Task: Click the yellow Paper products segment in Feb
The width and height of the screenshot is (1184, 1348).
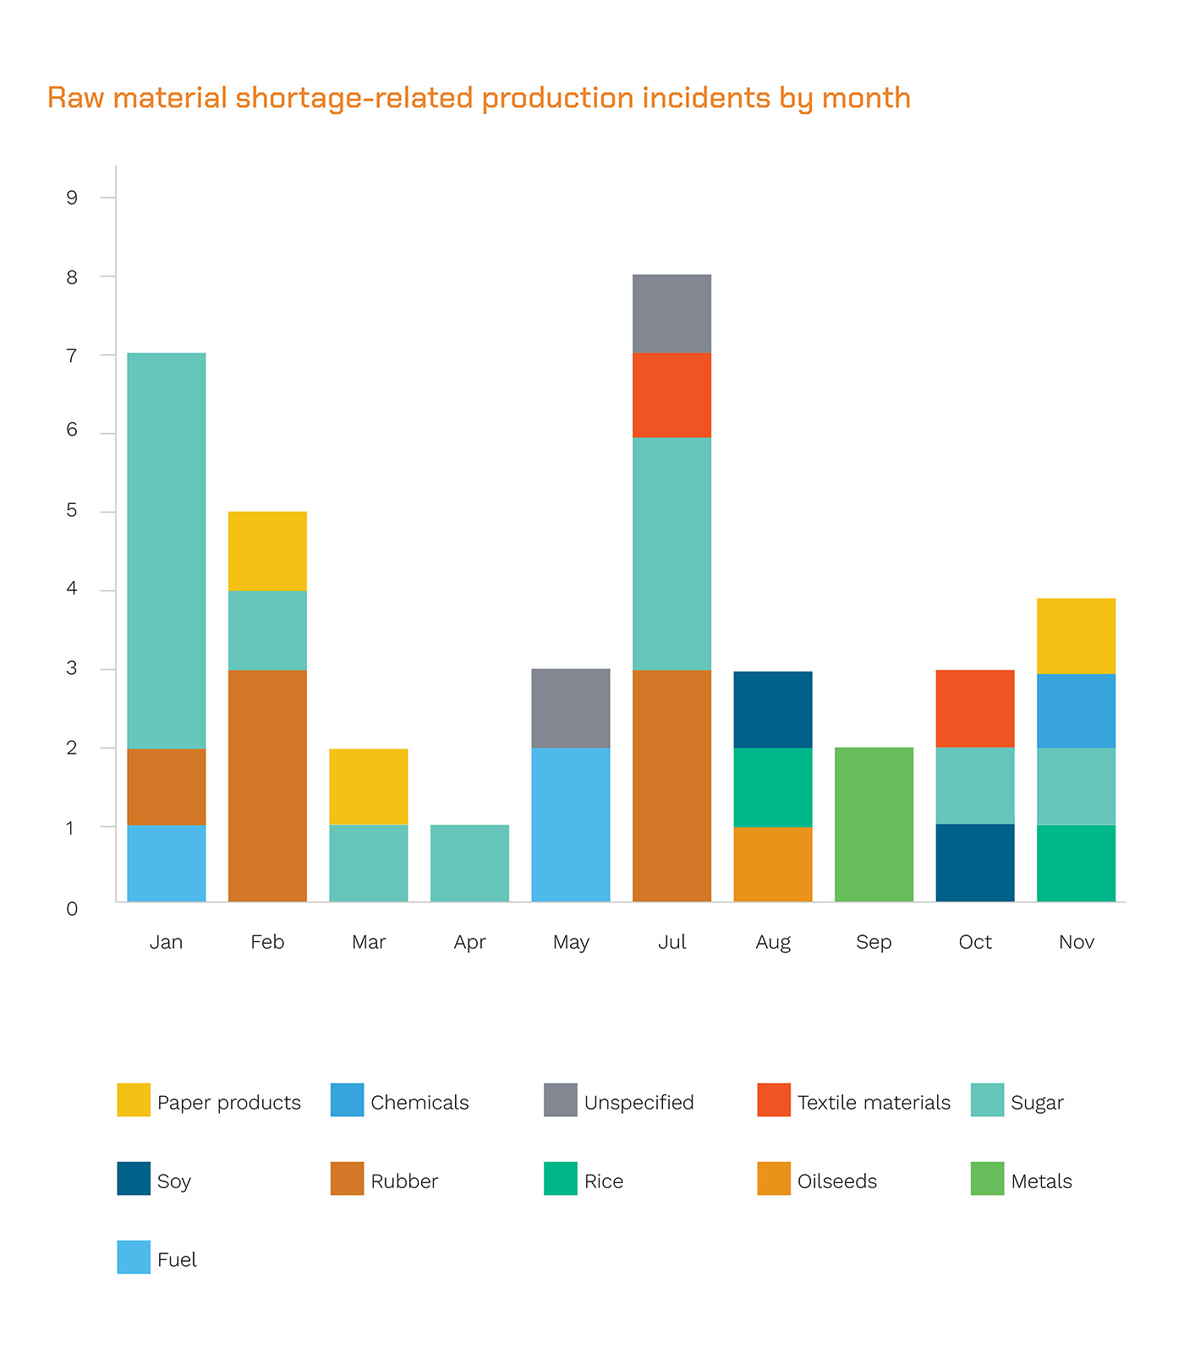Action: (x=267, y=551)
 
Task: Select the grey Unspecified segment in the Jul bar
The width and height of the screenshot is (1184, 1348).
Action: (x=671, y=314)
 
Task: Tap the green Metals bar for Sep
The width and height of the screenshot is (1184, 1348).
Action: (x=874, y=825)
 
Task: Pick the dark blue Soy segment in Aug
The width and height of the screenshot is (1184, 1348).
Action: (x=773, y=710)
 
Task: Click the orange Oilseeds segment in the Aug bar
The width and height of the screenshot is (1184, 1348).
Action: (x=773, y=863)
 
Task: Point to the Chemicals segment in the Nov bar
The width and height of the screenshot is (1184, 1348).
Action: (x=1076, y=710)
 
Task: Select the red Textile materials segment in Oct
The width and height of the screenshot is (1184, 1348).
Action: (x=975, y=709)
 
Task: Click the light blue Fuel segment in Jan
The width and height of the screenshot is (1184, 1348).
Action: (x=167, y=863)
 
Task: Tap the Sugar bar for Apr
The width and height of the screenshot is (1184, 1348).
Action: (x=469, y=863)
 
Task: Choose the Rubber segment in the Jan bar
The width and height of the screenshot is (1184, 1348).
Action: (x=167, y=786)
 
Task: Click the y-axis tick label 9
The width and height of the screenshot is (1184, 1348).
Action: (x=72, y=198)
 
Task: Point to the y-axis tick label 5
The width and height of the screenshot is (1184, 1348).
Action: (x=72, y=511)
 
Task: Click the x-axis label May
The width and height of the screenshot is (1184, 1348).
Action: (x=571, y=942)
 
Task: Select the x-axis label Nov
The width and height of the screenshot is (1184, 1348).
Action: (x=1076, y=942)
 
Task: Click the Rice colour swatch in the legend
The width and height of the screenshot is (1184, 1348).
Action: (x=560, y=1178)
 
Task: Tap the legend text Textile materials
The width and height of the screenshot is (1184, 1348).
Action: (x=874, y=1103)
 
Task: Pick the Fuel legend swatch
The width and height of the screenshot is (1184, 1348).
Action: (x=134, y=1257)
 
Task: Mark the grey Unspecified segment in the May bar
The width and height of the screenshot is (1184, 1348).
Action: (x=571, y=708)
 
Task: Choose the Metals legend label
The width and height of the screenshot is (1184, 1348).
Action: (x=1041, y=1181)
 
